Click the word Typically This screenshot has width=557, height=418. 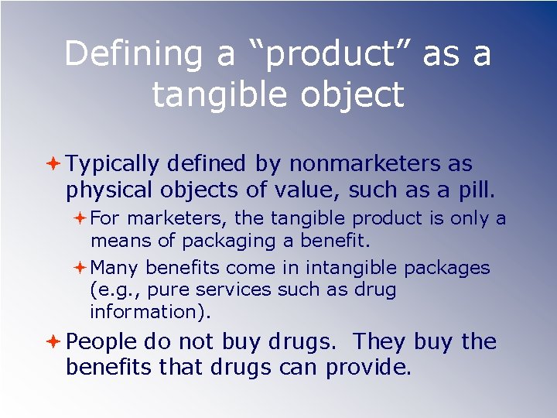(112, 165)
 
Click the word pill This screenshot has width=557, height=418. (477, 190)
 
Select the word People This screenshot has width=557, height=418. (101, 342)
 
